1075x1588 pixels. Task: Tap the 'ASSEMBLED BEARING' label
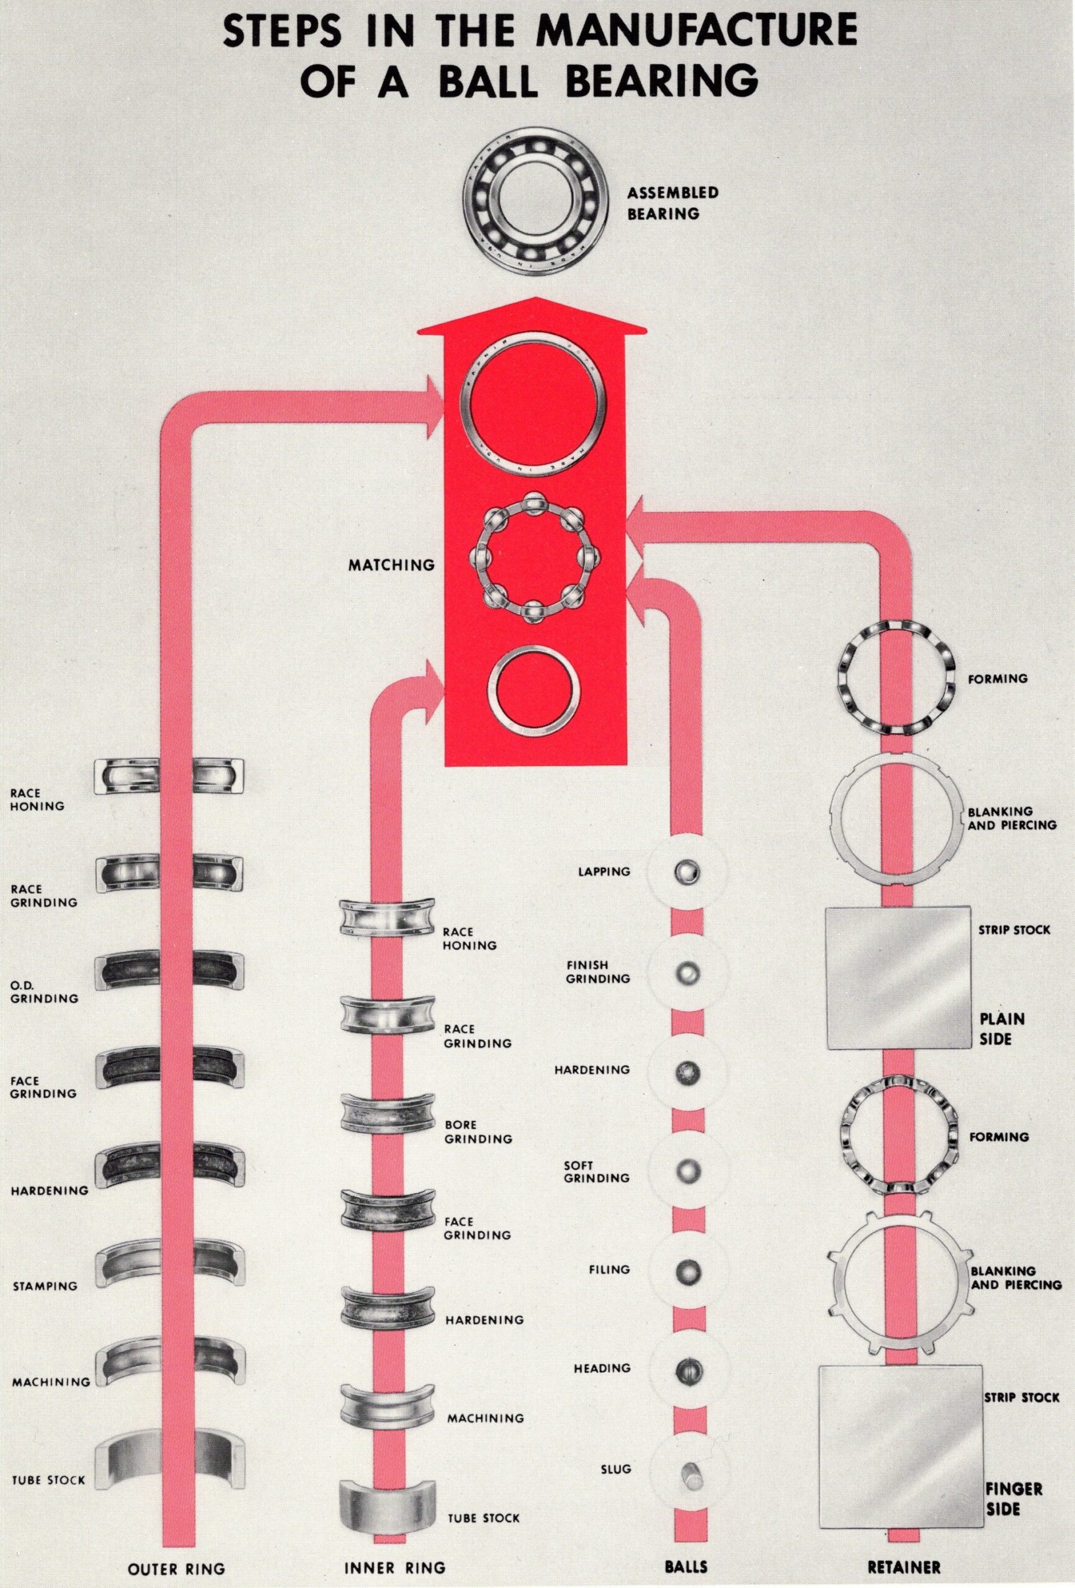point(672,203)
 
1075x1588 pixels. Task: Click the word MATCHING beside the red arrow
point(391,565)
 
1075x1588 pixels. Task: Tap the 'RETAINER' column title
point(903,1567)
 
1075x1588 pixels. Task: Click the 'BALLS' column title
point(685,1568)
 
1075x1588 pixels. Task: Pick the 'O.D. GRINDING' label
point(45,992)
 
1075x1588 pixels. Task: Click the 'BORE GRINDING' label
point(477,1131)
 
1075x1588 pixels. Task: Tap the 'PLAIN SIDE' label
point(1002,1028)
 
